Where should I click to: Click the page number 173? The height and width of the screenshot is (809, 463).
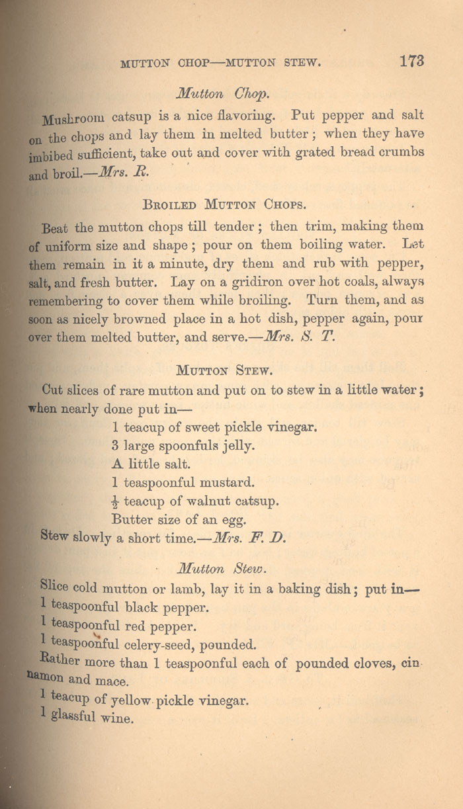pos(411,61)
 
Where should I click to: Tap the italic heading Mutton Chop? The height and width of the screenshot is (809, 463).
pos(212,93)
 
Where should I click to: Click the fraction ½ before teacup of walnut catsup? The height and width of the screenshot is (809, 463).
pos(116,501)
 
